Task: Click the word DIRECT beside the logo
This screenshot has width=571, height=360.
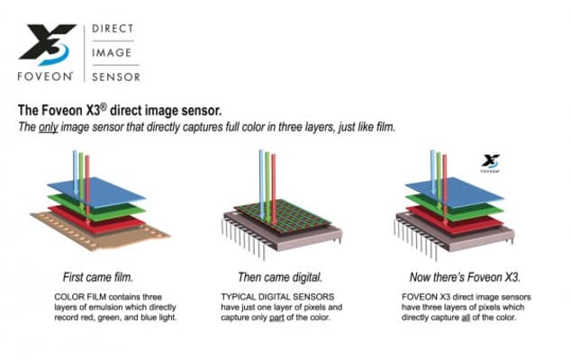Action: [x=113, y=30]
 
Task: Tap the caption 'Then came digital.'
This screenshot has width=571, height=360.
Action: [x=285, y=275]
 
